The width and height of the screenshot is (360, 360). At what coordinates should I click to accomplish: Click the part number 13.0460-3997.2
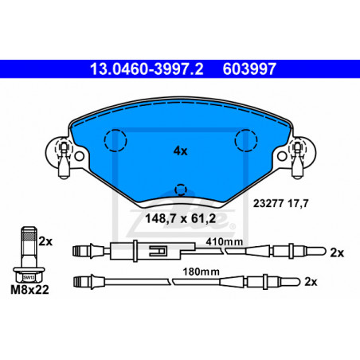(147, 69)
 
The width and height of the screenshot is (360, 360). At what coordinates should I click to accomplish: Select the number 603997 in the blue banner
(249, 69)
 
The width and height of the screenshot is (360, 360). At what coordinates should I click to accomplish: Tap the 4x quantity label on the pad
(180, 151)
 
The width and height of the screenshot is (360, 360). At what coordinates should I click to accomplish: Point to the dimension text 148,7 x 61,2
(180, 219)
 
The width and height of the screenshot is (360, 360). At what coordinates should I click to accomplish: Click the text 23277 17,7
(280, 204)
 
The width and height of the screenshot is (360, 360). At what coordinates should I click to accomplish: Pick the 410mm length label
(225, 241)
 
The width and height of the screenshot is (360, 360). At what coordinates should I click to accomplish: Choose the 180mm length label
(201, 272)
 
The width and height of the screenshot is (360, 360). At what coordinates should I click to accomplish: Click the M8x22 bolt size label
(29, 290)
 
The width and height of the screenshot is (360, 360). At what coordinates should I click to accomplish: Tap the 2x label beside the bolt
(45, 241)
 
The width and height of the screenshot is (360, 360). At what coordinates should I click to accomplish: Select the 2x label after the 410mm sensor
(337, 252)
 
